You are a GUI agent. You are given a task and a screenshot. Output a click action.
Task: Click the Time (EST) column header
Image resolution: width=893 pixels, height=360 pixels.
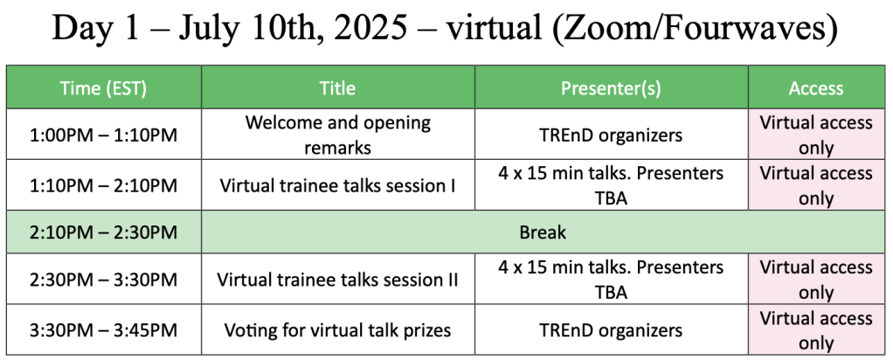pos(104,87)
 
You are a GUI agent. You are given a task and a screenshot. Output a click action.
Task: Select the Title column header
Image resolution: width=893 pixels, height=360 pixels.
pos(338,87)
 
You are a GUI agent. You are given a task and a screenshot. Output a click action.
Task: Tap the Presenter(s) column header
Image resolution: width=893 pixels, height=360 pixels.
pos(611,87)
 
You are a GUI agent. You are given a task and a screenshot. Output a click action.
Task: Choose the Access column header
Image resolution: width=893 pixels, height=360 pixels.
pos(816,87)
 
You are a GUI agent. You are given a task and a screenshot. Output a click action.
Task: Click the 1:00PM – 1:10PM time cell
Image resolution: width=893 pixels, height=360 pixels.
pos(104,135)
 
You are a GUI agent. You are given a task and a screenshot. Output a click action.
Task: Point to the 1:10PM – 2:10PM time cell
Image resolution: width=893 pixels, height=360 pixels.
pos(104,185)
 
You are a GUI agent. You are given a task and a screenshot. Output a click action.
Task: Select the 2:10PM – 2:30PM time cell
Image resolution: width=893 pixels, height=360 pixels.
pos(104,232)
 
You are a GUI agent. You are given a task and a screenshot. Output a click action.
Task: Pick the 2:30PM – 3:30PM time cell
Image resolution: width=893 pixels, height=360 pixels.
pos(104,280)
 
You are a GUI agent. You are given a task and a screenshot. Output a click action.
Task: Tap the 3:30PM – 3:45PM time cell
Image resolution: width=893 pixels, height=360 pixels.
pos(104,329)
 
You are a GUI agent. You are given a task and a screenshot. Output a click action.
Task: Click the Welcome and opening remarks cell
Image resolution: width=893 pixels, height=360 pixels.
pos(338,135)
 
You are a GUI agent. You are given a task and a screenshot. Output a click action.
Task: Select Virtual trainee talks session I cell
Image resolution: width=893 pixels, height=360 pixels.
pos(338,185)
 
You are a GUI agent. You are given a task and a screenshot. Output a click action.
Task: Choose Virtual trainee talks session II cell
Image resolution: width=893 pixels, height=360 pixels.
pos(338,280)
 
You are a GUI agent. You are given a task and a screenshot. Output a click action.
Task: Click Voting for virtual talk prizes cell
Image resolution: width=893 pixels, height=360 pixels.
pos(338,329)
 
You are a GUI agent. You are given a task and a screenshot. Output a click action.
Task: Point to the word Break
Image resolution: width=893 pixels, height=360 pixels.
pos(542,232)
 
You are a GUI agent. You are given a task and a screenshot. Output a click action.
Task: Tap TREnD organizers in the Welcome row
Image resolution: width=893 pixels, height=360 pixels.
pos(611,135)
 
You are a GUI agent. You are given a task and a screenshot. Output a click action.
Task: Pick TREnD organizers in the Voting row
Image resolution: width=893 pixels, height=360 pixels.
pos(611,329)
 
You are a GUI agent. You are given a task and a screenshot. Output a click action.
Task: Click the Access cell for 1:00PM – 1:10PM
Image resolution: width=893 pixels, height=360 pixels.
pos(816,135)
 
